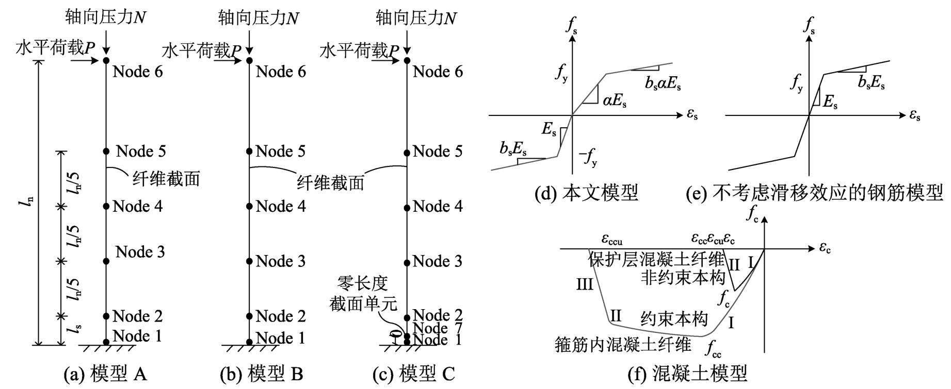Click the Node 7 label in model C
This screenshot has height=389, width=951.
(438, 328)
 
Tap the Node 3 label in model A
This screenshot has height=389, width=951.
(140, 252)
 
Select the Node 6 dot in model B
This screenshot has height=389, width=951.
(249, 61)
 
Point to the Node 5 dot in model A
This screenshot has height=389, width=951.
(106, 151)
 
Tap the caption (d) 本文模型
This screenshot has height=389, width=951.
(587, 193)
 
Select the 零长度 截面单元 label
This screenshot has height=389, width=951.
(363, 294)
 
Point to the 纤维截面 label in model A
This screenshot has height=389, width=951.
(166, 179)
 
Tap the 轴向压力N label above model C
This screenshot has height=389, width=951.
(416, 18)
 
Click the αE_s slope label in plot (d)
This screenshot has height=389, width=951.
(615, 101)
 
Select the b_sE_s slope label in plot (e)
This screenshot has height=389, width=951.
(871, 82)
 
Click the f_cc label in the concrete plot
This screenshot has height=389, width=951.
(714, 348)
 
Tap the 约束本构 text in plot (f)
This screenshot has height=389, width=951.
(673, 319)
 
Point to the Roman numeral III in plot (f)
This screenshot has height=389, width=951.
(584, 284)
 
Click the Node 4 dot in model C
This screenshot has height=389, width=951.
(407, 208)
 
